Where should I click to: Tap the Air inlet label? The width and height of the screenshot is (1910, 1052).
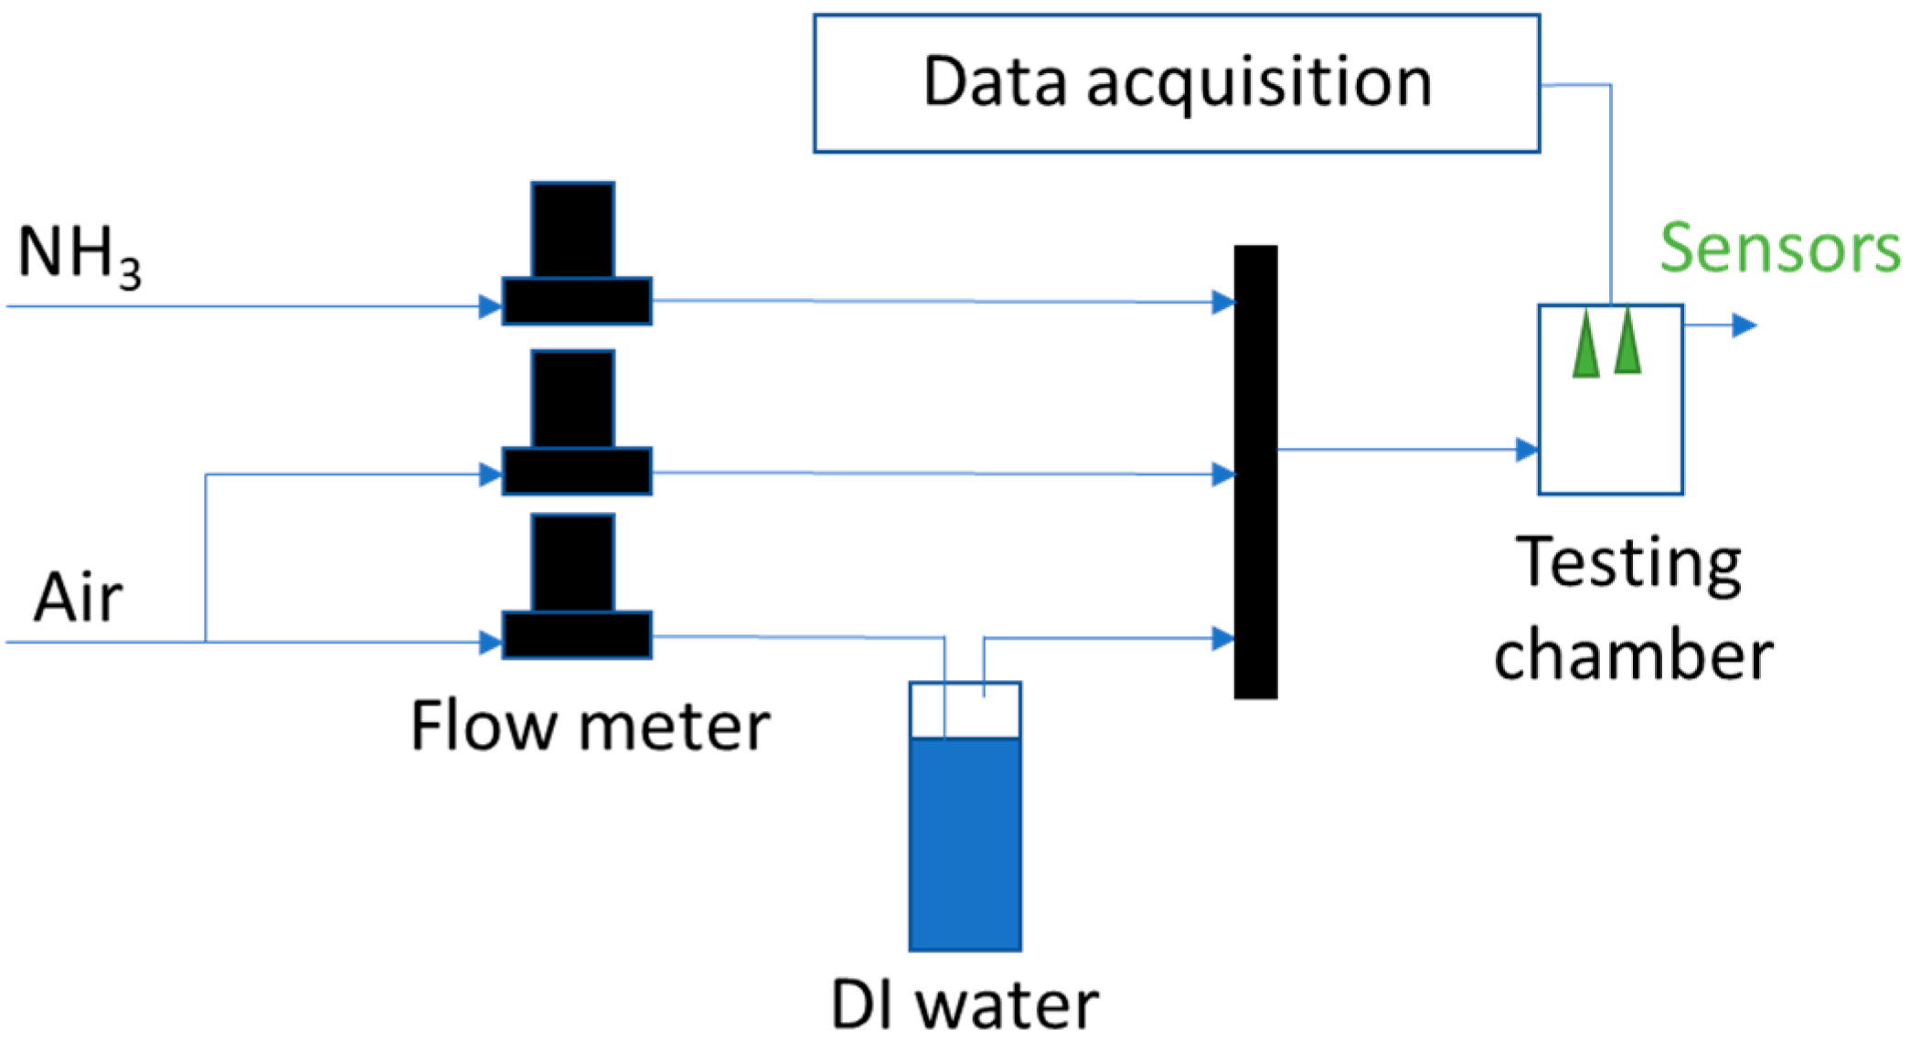point(78,598)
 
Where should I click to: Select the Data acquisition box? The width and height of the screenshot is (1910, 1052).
point(1176,83)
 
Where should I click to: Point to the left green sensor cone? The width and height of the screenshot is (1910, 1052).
point(1586,345)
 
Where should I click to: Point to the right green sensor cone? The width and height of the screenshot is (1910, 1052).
point(1627,342)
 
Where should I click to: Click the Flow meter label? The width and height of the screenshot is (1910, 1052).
point(590,727)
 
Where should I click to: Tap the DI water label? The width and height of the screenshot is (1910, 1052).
point(964,1005)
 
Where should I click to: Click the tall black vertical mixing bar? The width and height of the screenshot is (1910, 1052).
point(1255,472)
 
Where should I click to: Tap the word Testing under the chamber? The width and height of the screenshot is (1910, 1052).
point(1628,565)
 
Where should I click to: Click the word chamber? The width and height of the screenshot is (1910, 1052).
point(1633,655)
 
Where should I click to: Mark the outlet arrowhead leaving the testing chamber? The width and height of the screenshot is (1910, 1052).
point(1744,324)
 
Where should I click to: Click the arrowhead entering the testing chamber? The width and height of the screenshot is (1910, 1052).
point(1526,450)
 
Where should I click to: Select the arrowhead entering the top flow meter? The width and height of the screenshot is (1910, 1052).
point(490,306)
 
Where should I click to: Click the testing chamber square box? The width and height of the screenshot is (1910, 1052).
point(1610,430)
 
